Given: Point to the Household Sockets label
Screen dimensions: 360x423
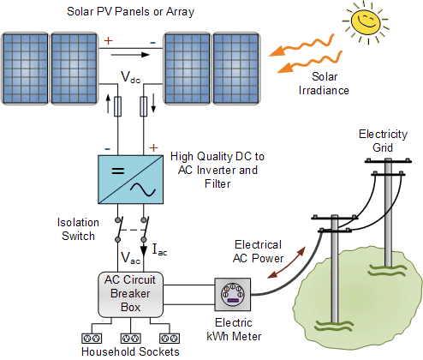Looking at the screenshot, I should [x=130, y=352].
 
